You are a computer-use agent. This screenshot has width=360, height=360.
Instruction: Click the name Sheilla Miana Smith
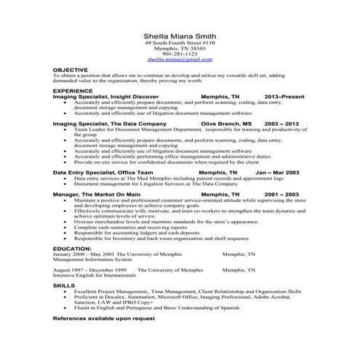[180, 36]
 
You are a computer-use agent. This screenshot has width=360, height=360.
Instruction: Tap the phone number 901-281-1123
[180, 54]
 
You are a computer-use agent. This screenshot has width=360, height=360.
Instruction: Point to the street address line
[180, 43]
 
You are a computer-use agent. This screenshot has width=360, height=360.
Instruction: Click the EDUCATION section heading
[72, 248]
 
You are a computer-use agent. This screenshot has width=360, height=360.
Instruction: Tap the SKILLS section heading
[64, 286]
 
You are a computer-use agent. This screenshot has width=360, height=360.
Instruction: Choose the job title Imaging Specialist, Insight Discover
[106, 95]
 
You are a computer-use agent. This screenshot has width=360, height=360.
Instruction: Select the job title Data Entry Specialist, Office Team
[104, 172]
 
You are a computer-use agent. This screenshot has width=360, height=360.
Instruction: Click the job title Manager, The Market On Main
[97, 195]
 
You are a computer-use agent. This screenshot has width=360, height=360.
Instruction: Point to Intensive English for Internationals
[97, 275]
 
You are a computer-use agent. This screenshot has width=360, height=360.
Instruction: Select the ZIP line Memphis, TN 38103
[180, 49]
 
